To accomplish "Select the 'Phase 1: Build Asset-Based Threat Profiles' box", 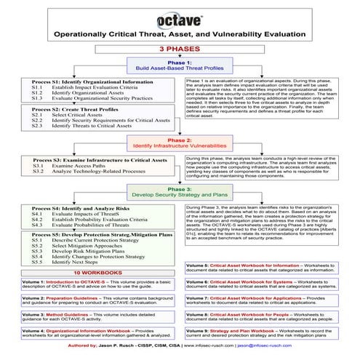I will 180,65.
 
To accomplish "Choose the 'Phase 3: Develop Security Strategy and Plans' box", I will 180,192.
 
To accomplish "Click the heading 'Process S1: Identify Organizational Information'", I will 92,82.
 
